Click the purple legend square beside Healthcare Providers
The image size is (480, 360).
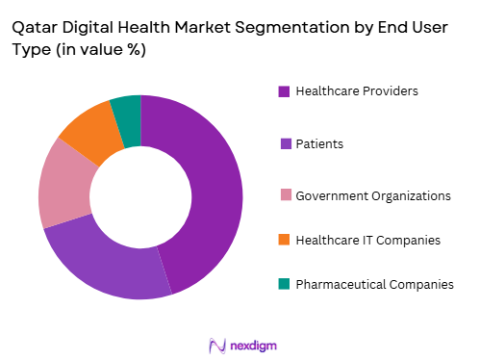[x=284, y=91]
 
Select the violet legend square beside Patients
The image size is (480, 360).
[x=284, y=143]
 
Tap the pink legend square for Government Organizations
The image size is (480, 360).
[x=284, y=195]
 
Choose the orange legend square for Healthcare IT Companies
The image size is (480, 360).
[x=284, y=239]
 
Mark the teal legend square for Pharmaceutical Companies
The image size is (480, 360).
[x=284, y=283]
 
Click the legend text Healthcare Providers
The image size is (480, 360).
[x=357, y=91]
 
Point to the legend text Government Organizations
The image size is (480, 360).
[x=373, y=195]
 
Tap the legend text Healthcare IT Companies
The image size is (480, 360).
[x=367, y=239]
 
